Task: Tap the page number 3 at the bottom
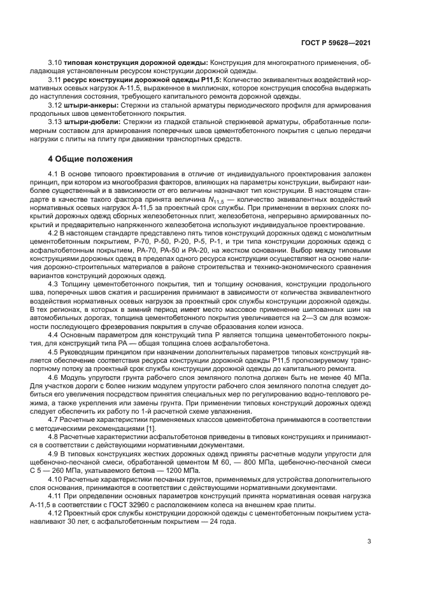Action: [369, 542]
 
